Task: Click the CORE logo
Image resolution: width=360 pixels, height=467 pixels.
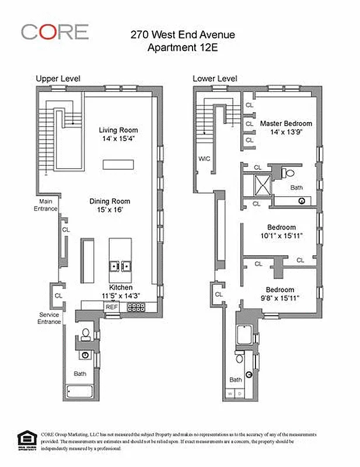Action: click(55, 32)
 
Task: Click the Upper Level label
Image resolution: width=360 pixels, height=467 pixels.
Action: click(58, 78)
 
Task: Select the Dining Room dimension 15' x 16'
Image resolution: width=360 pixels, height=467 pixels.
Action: click(109, 210)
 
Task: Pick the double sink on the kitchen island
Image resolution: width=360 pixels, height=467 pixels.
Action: click(120, 266)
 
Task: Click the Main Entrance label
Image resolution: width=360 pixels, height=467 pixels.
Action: click(45, 204)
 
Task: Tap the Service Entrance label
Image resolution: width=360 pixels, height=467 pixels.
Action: click(48, 318)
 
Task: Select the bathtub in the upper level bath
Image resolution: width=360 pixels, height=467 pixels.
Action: click(81, 391)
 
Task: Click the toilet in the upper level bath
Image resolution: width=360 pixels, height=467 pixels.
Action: click(86, 334)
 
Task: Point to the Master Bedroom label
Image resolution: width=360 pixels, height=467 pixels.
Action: click(286, 124)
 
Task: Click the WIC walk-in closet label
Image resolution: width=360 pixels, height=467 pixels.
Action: click(204, 158)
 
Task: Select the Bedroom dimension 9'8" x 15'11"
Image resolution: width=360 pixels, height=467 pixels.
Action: click(280, 298)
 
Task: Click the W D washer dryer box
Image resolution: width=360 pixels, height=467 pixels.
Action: click(234, 394)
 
